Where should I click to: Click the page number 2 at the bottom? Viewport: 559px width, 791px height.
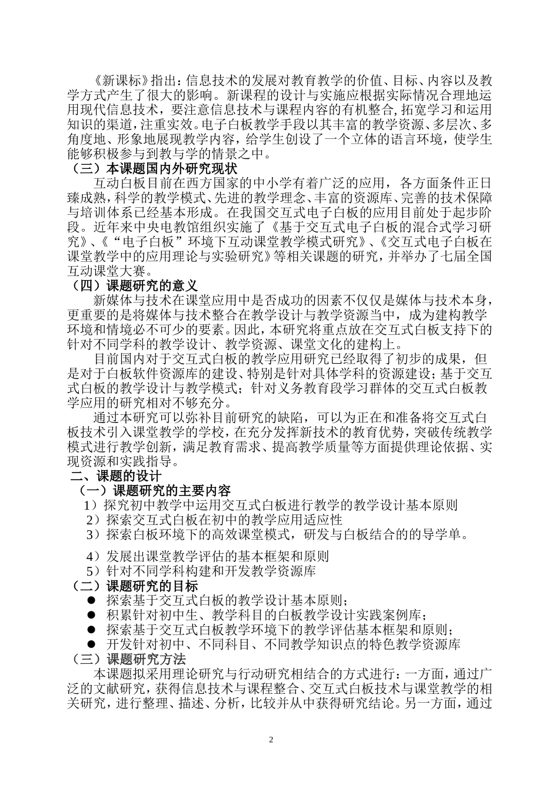tap(271, 739)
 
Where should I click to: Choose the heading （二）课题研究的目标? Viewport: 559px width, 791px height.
tap(135, 586)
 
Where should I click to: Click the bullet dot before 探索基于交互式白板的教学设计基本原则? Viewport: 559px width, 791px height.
tap(92, 600)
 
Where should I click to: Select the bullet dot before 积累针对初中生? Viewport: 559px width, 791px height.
tap(92, 615)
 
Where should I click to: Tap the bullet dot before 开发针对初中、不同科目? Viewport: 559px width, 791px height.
tap(92, 644)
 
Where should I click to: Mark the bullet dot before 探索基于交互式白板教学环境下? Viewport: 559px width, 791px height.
tap(92, 630)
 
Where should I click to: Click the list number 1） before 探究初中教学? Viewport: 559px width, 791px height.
tap(93, 505)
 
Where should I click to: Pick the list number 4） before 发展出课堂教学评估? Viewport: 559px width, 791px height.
tap(94, 556)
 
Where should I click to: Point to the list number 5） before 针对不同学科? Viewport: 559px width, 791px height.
tap(94, 571)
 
